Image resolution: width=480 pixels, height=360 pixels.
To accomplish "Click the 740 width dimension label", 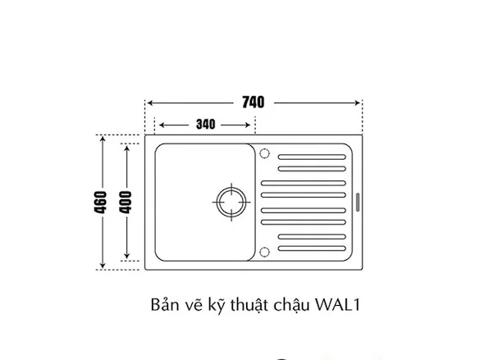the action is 254,103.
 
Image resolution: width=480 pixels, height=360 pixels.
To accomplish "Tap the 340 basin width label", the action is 206,124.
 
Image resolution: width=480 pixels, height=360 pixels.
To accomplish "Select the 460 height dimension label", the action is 101,203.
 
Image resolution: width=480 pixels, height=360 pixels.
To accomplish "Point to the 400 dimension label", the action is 126,203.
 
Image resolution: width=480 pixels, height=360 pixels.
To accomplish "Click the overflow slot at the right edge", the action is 357,203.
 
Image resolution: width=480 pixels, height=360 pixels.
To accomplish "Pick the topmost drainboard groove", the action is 312,157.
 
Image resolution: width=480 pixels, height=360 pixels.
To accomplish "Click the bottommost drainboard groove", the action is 312,248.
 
